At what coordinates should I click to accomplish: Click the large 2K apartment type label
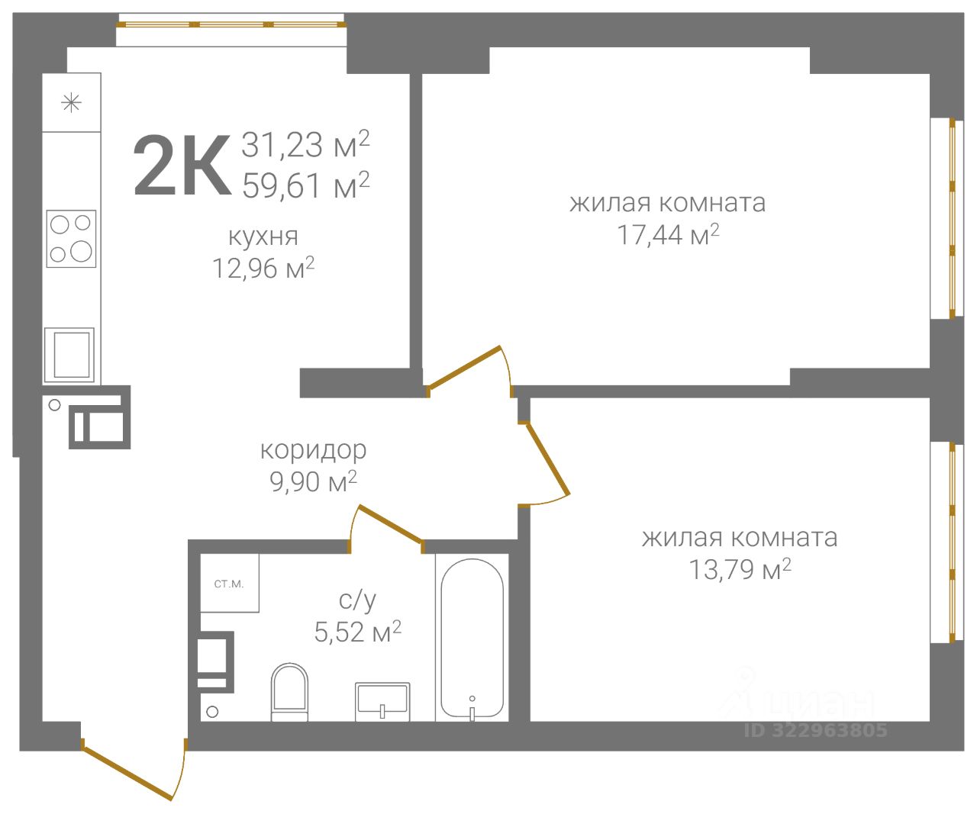tap(182, 165)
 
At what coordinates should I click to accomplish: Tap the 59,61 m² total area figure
tap(306, 185)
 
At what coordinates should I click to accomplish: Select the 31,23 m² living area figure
tap(305, 144)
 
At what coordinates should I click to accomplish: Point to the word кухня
tap(263, 236)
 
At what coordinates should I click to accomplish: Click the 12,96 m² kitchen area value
tap(263, 268)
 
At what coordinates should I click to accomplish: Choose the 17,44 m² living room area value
tap(668, 234)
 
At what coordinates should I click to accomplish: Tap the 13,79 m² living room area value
tap(740, 569)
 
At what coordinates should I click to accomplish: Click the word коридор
tap(313, 451)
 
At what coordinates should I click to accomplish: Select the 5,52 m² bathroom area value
tap(357, 632)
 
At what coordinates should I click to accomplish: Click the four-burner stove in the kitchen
tap(71, 239)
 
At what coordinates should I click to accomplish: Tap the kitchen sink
tap(69, 355)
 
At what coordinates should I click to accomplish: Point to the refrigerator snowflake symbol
tap(71, 103)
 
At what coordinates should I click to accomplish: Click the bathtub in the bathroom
tap(472, 639)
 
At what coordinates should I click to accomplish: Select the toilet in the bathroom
tap(289, 693)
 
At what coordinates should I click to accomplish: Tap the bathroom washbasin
tap(382, 702)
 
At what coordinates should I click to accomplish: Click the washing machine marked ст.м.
tap(229, 583)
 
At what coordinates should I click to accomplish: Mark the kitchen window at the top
tap(231, 24)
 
